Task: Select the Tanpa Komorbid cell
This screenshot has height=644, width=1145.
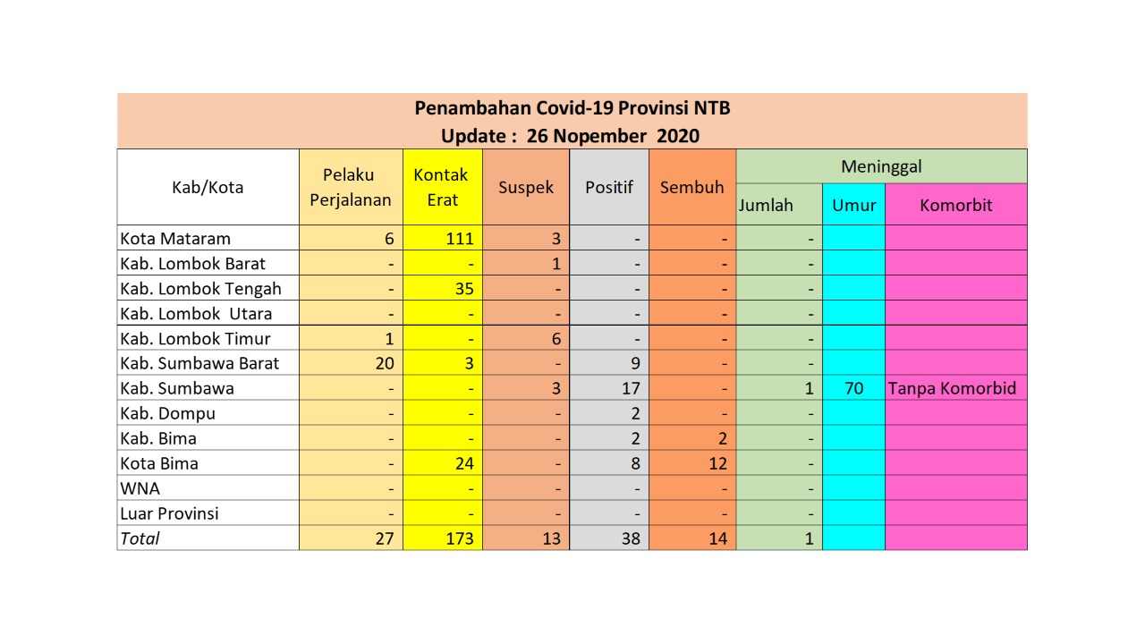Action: (955, 389)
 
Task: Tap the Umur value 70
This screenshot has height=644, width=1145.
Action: (853, 389)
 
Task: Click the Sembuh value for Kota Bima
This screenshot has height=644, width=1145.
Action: (717, 464)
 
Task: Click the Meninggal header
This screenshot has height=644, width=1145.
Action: (881, 166)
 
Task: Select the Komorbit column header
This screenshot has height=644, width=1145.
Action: (955, 205)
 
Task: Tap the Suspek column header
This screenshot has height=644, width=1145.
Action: (526, 188)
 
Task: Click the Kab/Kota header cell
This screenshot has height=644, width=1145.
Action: (208, 188)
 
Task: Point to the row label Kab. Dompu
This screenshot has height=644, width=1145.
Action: (168, 414)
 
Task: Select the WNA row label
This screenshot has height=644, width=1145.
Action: (140, 489)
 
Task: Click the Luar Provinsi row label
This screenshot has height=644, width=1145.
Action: (170, 514)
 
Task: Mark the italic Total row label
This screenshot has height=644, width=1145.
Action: (140, 539)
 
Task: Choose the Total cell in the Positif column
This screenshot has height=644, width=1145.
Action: (631, 539)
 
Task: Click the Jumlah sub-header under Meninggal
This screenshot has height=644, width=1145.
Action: (766, 205)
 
